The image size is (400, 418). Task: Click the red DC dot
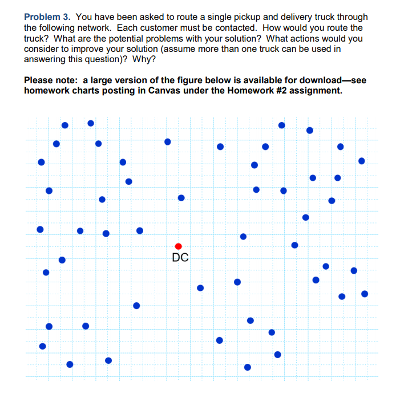(x=178, y=246)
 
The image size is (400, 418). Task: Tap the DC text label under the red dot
(x=180, y=258)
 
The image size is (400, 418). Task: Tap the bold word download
(x=317, y=80)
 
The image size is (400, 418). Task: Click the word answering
(x=45, y=58)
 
